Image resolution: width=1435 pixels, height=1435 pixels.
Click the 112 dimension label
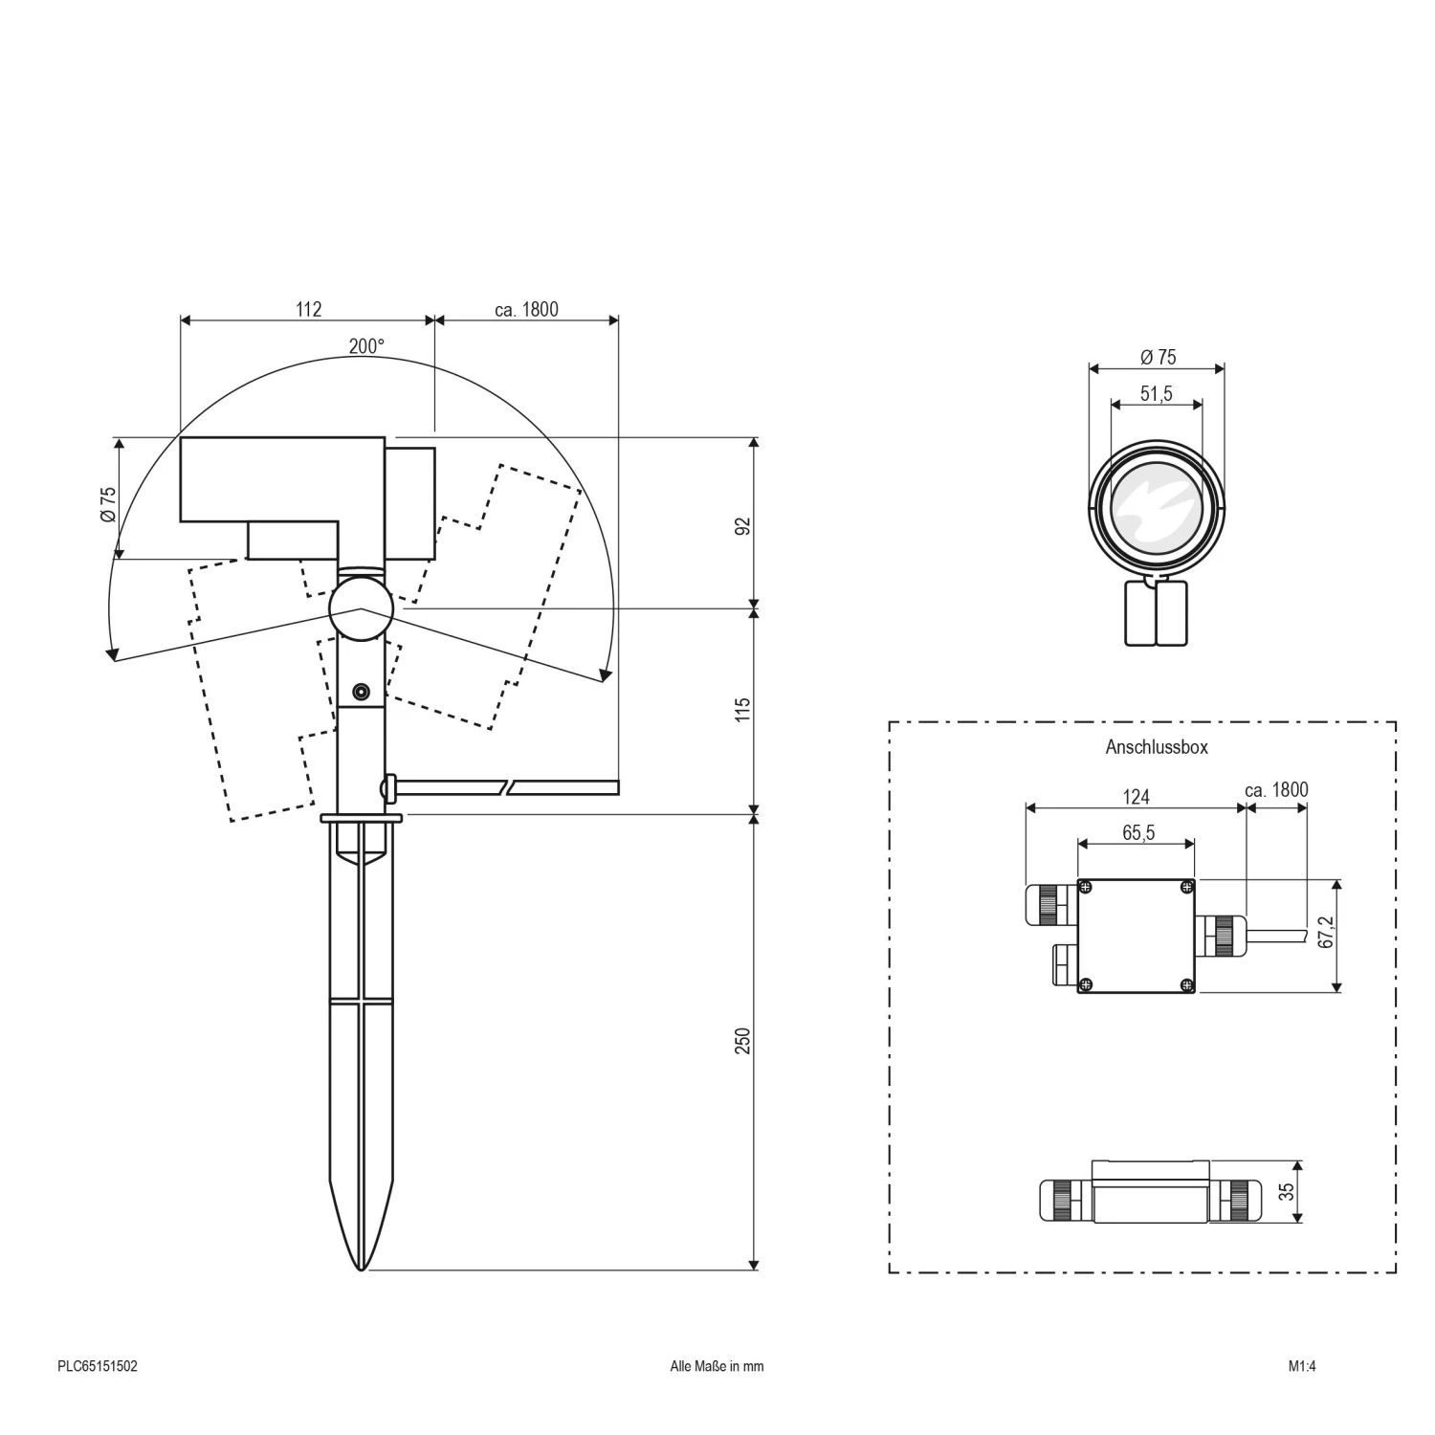pyautogui.click(x=308, y=309)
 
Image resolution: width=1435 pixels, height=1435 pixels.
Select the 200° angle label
pyautogui.click(x=366, y=346)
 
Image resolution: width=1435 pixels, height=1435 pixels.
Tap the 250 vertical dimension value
pyautogui.click(x=743, y=1041)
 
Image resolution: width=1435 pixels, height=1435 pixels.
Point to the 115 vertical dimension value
pyautogui.click(x=743, y=710)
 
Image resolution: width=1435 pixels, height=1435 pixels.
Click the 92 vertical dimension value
pyautogui.click(x=743, y=526)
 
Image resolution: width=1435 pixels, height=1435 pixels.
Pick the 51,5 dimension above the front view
pyautogui.click(x=1156, y=393)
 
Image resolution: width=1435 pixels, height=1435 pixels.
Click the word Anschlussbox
pyautogui.click(x=1156, y=747)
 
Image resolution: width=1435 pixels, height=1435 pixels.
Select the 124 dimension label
pyautogui.click(x=1135, y=796)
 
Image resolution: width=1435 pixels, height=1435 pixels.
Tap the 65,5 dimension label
pyautogui.click(x=1137, y=832)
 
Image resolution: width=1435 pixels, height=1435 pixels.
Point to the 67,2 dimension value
pyautogui.click(x=1326, y=931)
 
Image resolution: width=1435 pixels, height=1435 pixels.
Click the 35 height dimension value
pyautogui.click(x=1287, y=1191)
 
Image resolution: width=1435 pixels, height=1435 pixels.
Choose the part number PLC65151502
pyautogui.click(x=98, y=1366)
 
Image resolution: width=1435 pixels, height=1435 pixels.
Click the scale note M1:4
pyautogui.click(x=1302, y=1366)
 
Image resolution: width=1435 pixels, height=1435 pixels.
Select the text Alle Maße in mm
pyautogui.click(x=717, y=1366)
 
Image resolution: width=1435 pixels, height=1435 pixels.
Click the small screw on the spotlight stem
pyautogui.click(x=361, y=691)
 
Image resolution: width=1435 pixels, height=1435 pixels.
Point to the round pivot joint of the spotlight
pyautogui.click(x=361, y=608)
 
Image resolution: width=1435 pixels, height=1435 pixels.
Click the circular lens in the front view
pyautogui.click(x=1157, y=508)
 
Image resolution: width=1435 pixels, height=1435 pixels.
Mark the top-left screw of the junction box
pyautogui.click(x=1085, y=887)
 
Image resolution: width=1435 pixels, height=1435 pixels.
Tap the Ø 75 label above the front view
pyautogui.click(x=1158, y=357)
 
